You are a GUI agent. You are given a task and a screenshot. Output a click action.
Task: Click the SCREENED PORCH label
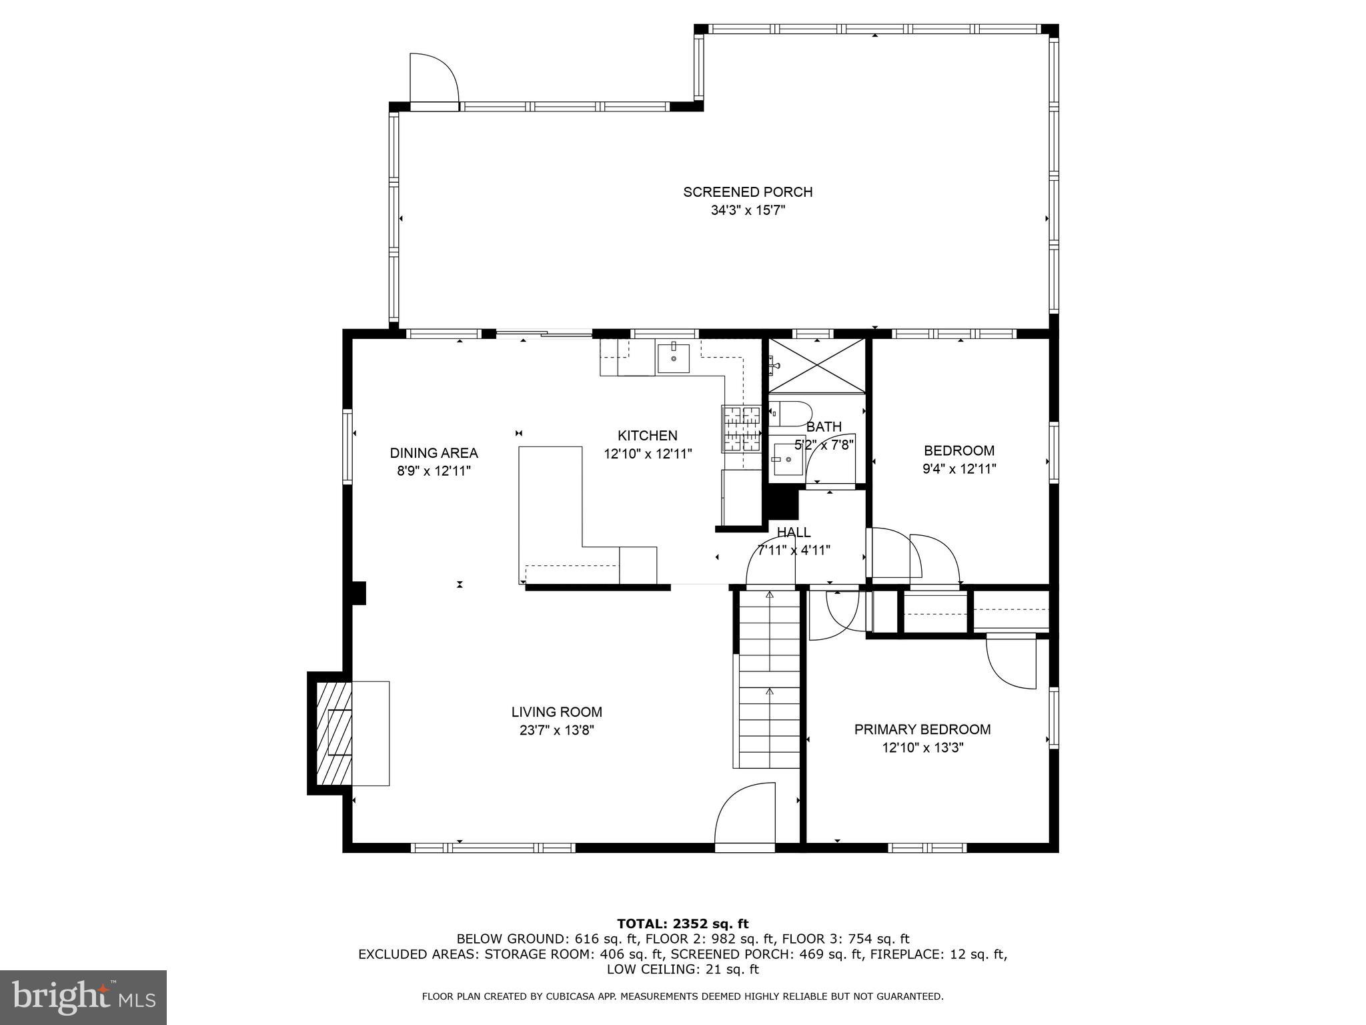click(747, 192)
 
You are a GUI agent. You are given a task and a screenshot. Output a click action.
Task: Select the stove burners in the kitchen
click(741, 428)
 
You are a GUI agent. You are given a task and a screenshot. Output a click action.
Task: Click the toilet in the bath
click(790, 414)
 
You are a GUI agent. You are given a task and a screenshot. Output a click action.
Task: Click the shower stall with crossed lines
click(816, 366)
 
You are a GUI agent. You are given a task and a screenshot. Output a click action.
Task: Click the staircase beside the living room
click(769, 681)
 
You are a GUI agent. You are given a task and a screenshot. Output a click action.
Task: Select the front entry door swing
click(745, 816)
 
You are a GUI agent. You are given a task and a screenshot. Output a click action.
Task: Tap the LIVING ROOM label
click(557, 712)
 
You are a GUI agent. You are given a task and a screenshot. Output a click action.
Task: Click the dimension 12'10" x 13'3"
click(922, 748)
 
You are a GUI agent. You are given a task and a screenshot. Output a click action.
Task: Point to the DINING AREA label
click(434, 453)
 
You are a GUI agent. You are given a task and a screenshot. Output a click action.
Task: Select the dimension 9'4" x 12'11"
click(959, 469)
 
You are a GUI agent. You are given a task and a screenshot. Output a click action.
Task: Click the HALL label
click(794, 533)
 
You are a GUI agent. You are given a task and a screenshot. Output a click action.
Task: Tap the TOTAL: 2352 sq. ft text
click(682, 924)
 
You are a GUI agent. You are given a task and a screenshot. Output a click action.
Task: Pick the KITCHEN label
click(647, 436)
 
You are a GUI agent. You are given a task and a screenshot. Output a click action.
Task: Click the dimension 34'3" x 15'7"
click(747, 211)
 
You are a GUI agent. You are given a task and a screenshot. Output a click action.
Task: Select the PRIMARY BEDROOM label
click(922, 729)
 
